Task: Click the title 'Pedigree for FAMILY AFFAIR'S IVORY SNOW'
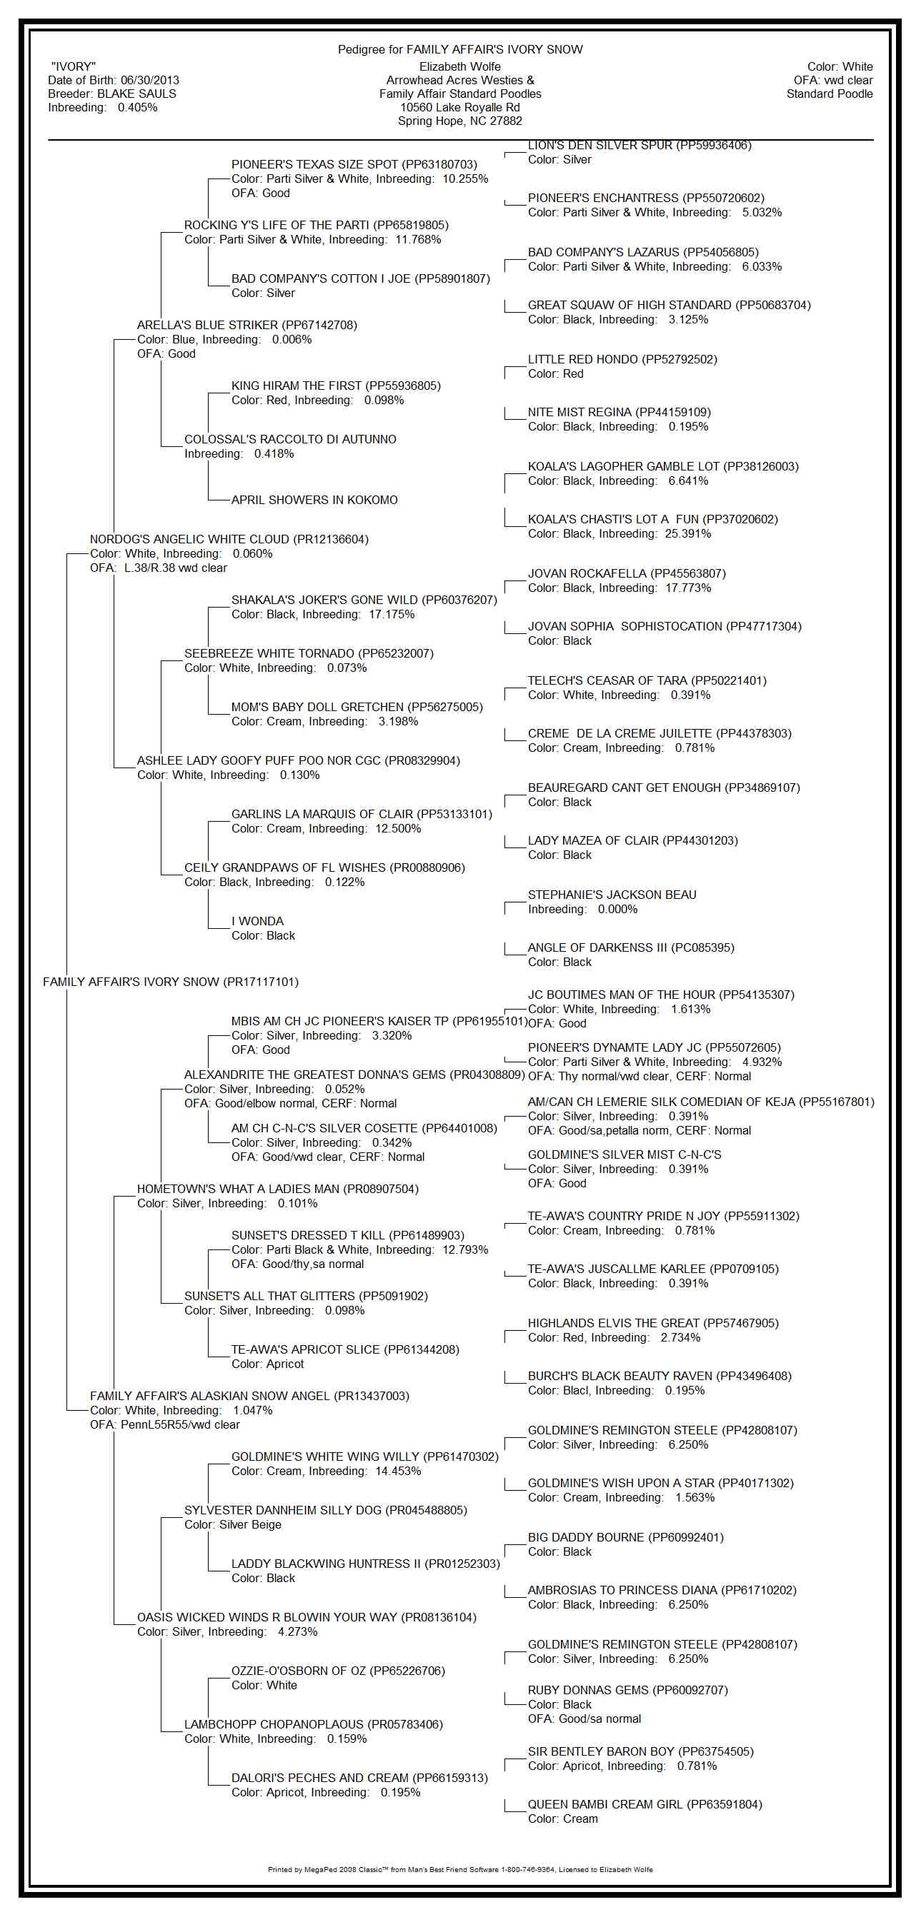460,50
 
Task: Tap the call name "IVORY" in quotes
73,67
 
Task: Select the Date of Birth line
113,81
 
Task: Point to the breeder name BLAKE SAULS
137,94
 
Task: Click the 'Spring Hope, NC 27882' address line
459,121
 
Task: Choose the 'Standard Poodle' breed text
830,94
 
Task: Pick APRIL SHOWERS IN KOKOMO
314,500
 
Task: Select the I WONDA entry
258,921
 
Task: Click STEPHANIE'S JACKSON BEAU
612,895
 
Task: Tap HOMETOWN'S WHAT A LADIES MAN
278,1189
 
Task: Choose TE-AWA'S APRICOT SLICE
344,1350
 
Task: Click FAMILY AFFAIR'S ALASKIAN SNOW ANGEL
249,1396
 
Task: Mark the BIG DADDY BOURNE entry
625,1537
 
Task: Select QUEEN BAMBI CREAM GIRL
644,1805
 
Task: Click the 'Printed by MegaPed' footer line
460,1869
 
